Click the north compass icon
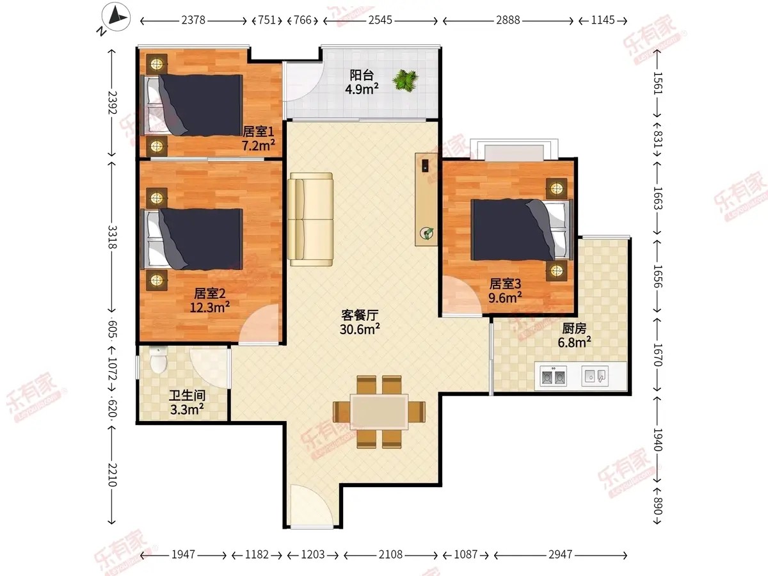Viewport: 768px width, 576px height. click(x=116, y=17)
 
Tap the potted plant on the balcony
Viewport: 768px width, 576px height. click(x=405, y=80)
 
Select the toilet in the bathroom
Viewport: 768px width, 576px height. click(x=158, y=359)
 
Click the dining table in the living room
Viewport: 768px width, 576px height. click(x=379, y=412)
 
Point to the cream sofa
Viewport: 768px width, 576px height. click(x=310, y=220)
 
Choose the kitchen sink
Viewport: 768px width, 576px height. click(x=595, y=376)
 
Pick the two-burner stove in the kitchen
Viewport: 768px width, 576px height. click(x=553, y=376)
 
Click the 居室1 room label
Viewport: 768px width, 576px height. click(x=258, y=131)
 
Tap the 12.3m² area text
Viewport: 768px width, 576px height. click(x=209, y=307)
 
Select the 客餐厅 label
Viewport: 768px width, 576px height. click(x=360, y=315)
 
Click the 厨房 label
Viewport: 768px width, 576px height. click(x=574, y=328)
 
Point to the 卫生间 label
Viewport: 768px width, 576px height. click(x=187, y=396)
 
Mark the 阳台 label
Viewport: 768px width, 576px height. click(x=362, y=75)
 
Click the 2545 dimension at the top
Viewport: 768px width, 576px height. click(x=380, y=20)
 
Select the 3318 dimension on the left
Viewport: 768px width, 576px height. click(x=112, y=237)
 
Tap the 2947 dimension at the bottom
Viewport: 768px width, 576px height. click(x=560, y=554)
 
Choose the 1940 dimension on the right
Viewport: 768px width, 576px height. click(x=657, y=440)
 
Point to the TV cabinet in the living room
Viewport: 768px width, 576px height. click(x=426, y=199)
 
